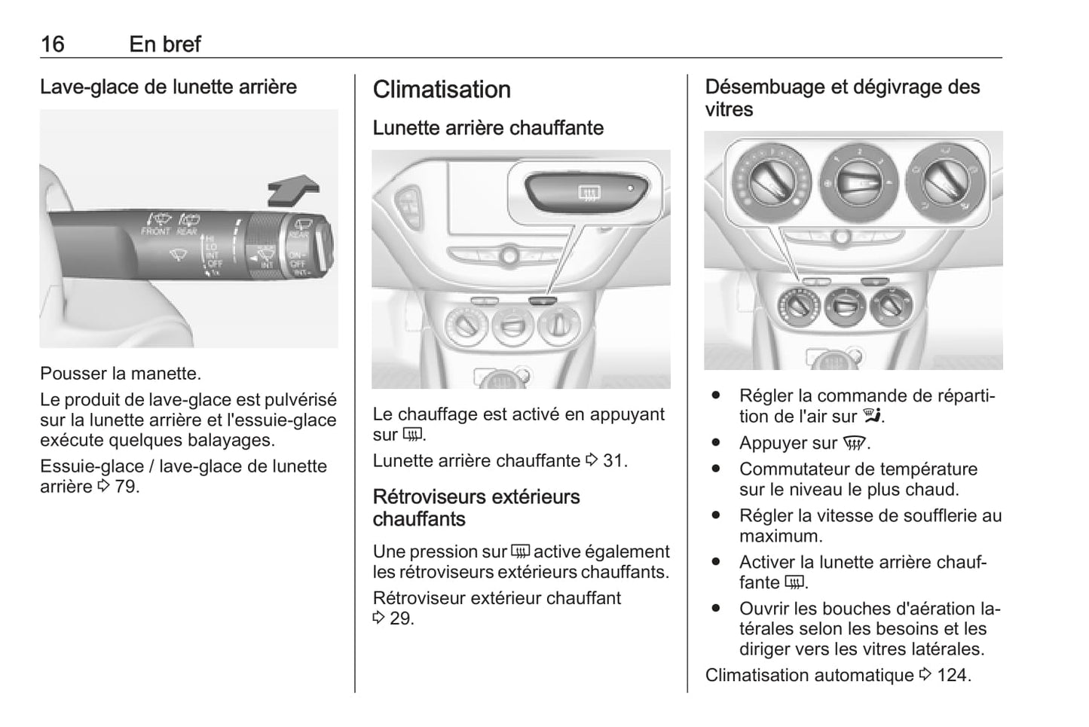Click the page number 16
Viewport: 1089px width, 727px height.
click(x=53, y=44)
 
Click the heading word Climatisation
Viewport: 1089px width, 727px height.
click(x=442, y=90)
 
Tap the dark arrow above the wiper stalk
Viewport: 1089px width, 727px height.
click(x=293, y=190)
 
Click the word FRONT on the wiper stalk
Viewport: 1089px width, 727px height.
click(x=155, y=231)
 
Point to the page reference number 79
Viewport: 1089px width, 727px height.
click(x=127, y=487)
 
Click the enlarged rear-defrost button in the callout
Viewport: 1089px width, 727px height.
click(x=586, y=193)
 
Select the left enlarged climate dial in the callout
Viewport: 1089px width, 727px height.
click(x=772, y=182)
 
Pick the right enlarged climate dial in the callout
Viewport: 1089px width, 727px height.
click(x=945, y=182)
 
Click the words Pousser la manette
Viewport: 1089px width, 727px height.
click(x=121, y=373)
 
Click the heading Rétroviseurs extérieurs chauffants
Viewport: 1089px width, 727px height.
click(x=476, y=508)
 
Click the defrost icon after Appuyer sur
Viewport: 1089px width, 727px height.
click(x=854, y=443)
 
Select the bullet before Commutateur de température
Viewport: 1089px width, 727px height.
click(x=715, y=469)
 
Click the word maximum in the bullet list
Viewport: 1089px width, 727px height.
click(x=781, y=536)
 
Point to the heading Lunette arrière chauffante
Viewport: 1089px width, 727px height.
click(x=488, y=128)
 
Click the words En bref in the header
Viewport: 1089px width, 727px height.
click(x=165, y=44)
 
